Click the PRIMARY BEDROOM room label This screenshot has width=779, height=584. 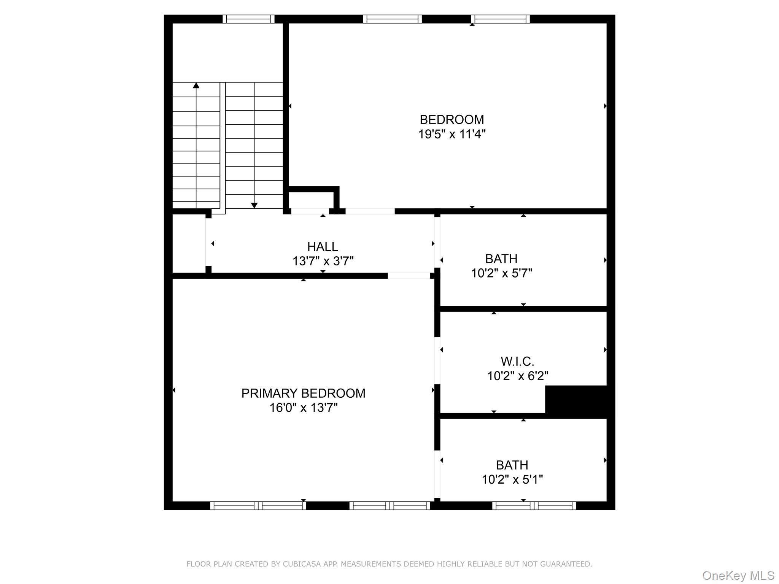click(x=303, y=393)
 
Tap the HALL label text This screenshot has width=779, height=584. click(x=323, y=247)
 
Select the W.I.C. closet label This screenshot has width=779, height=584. click(x=517, y=361)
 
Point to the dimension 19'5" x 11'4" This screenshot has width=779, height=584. click(x=452, y=134)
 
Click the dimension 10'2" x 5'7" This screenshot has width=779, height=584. click(x=501, y=273)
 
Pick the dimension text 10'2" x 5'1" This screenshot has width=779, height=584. click(x=512, y=480)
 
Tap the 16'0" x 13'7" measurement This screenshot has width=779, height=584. click(x=304, y=408)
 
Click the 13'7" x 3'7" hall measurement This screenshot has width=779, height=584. click(x=323, y=261)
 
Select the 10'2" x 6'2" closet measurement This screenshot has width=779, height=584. click(x=518, y=376)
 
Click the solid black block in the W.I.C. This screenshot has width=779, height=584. click(x=576, y=399)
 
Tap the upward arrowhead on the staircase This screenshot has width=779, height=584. click(x=196, y=86)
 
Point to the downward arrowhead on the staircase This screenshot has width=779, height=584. click(x=254, y=206)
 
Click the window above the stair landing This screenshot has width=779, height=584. click(x=248, y=19)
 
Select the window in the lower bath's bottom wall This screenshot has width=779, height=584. click(x=534, y=506)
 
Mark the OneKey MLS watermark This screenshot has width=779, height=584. click(x=738, y=576)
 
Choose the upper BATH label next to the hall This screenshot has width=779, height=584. click(x=501, y=259)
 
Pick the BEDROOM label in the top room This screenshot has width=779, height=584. click(x=452, y=120)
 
